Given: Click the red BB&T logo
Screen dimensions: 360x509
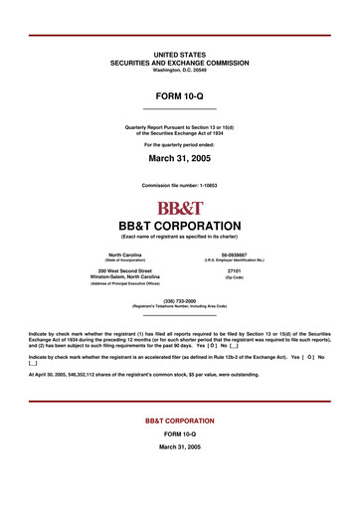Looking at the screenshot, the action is pyautogui.click(x=180, y=208).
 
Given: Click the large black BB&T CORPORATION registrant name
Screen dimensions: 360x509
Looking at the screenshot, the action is pyautogui.click(x=180, y=225).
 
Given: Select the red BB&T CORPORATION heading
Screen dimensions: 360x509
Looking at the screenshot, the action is pyautogui.click(x=180, y=421).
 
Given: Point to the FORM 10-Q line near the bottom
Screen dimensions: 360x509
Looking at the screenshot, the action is pyautogui.click(x=180, y=434).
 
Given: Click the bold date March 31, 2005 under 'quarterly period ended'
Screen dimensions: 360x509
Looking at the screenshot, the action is pyautogui.click(x=180, y=157).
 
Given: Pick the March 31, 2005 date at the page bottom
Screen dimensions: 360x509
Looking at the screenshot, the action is pyautogui.click(x=180, y=448).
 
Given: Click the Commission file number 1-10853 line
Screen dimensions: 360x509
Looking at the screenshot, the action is pyautogui.click(x=180, y=186).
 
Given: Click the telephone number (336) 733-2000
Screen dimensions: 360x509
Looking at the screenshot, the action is pyautogui.click(x=180, y=299).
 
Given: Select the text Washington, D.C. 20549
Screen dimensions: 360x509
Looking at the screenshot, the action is pyautogui.click(x=180, y=70).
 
